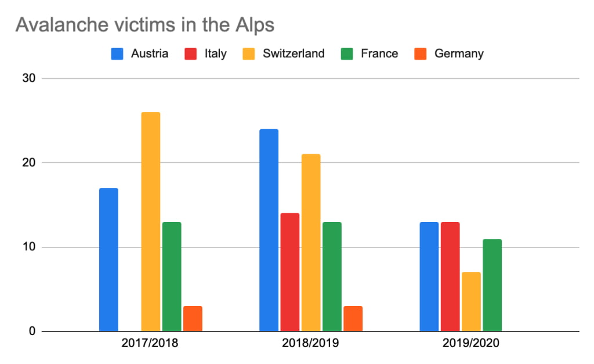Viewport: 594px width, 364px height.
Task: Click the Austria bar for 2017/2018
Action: tap(108, 260)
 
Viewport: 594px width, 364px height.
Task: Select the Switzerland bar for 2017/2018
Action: tap(150, 221)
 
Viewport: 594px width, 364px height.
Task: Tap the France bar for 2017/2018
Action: tap(172, 276)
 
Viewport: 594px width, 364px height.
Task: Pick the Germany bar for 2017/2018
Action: tap(193, 319)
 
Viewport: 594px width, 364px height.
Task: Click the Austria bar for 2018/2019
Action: tap(269, 230)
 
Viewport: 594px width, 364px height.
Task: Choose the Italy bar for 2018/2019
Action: tap(289, 272)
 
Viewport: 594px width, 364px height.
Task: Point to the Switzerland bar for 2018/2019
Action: tap(310, 243)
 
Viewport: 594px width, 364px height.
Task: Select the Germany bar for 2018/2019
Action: tap(353, 319)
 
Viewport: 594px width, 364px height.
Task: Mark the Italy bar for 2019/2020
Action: tap(450, 276)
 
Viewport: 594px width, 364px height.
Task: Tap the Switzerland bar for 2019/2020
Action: tap(471, 301)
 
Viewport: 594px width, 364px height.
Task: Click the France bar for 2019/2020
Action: tap(492, 285)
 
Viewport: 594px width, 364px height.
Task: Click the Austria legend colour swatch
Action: tap(118, 54)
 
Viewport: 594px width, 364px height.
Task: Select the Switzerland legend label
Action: tap(293, 54)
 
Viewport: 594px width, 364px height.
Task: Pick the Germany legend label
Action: tap(458, 54)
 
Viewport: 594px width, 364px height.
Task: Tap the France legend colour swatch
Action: tap(347, 54)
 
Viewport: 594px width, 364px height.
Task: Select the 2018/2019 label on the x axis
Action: tap(310, 343)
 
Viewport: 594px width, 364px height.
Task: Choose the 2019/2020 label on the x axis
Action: tap(470, 343)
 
